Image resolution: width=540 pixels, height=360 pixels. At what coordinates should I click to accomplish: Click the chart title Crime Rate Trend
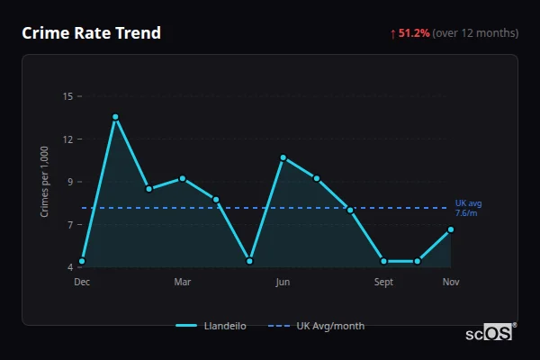click(x=91, y=33)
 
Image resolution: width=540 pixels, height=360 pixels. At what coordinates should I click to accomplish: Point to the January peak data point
click(x=115, y=117)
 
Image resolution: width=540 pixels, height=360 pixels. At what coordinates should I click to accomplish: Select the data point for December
click(x=82, y=261)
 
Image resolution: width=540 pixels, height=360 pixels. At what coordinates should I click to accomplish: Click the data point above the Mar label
click(x=183, y=178)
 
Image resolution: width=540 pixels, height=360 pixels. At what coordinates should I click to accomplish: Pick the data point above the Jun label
click(x=283, y=157)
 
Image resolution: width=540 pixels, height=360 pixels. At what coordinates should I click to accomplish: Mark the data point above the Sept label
click(x=383, y=261)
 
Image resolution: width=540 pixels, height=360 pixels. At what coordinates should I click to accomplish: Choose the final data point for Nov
click(x=451, y=229)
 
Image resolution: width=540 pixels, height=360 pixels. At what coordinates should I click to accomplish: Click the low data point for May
click(x=249, y=261)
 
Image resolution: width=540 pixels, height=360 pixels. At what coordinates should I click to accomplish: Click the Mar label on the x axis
click(x=183, y=282)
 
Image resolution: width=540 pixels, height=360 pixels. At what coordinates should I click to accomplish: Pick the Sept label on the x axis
click(x=383, y=282)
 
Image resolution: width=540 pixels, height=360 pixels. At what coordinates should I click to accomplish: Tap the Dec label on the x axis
click(x=82, y=282)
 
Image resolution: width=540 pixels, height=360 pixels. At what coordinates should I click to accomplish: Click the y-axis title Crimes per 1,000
click(x=45, y=182)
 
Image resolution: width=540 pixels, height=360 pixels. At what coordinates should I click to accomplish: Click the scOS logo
click(x=490, y=333)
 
